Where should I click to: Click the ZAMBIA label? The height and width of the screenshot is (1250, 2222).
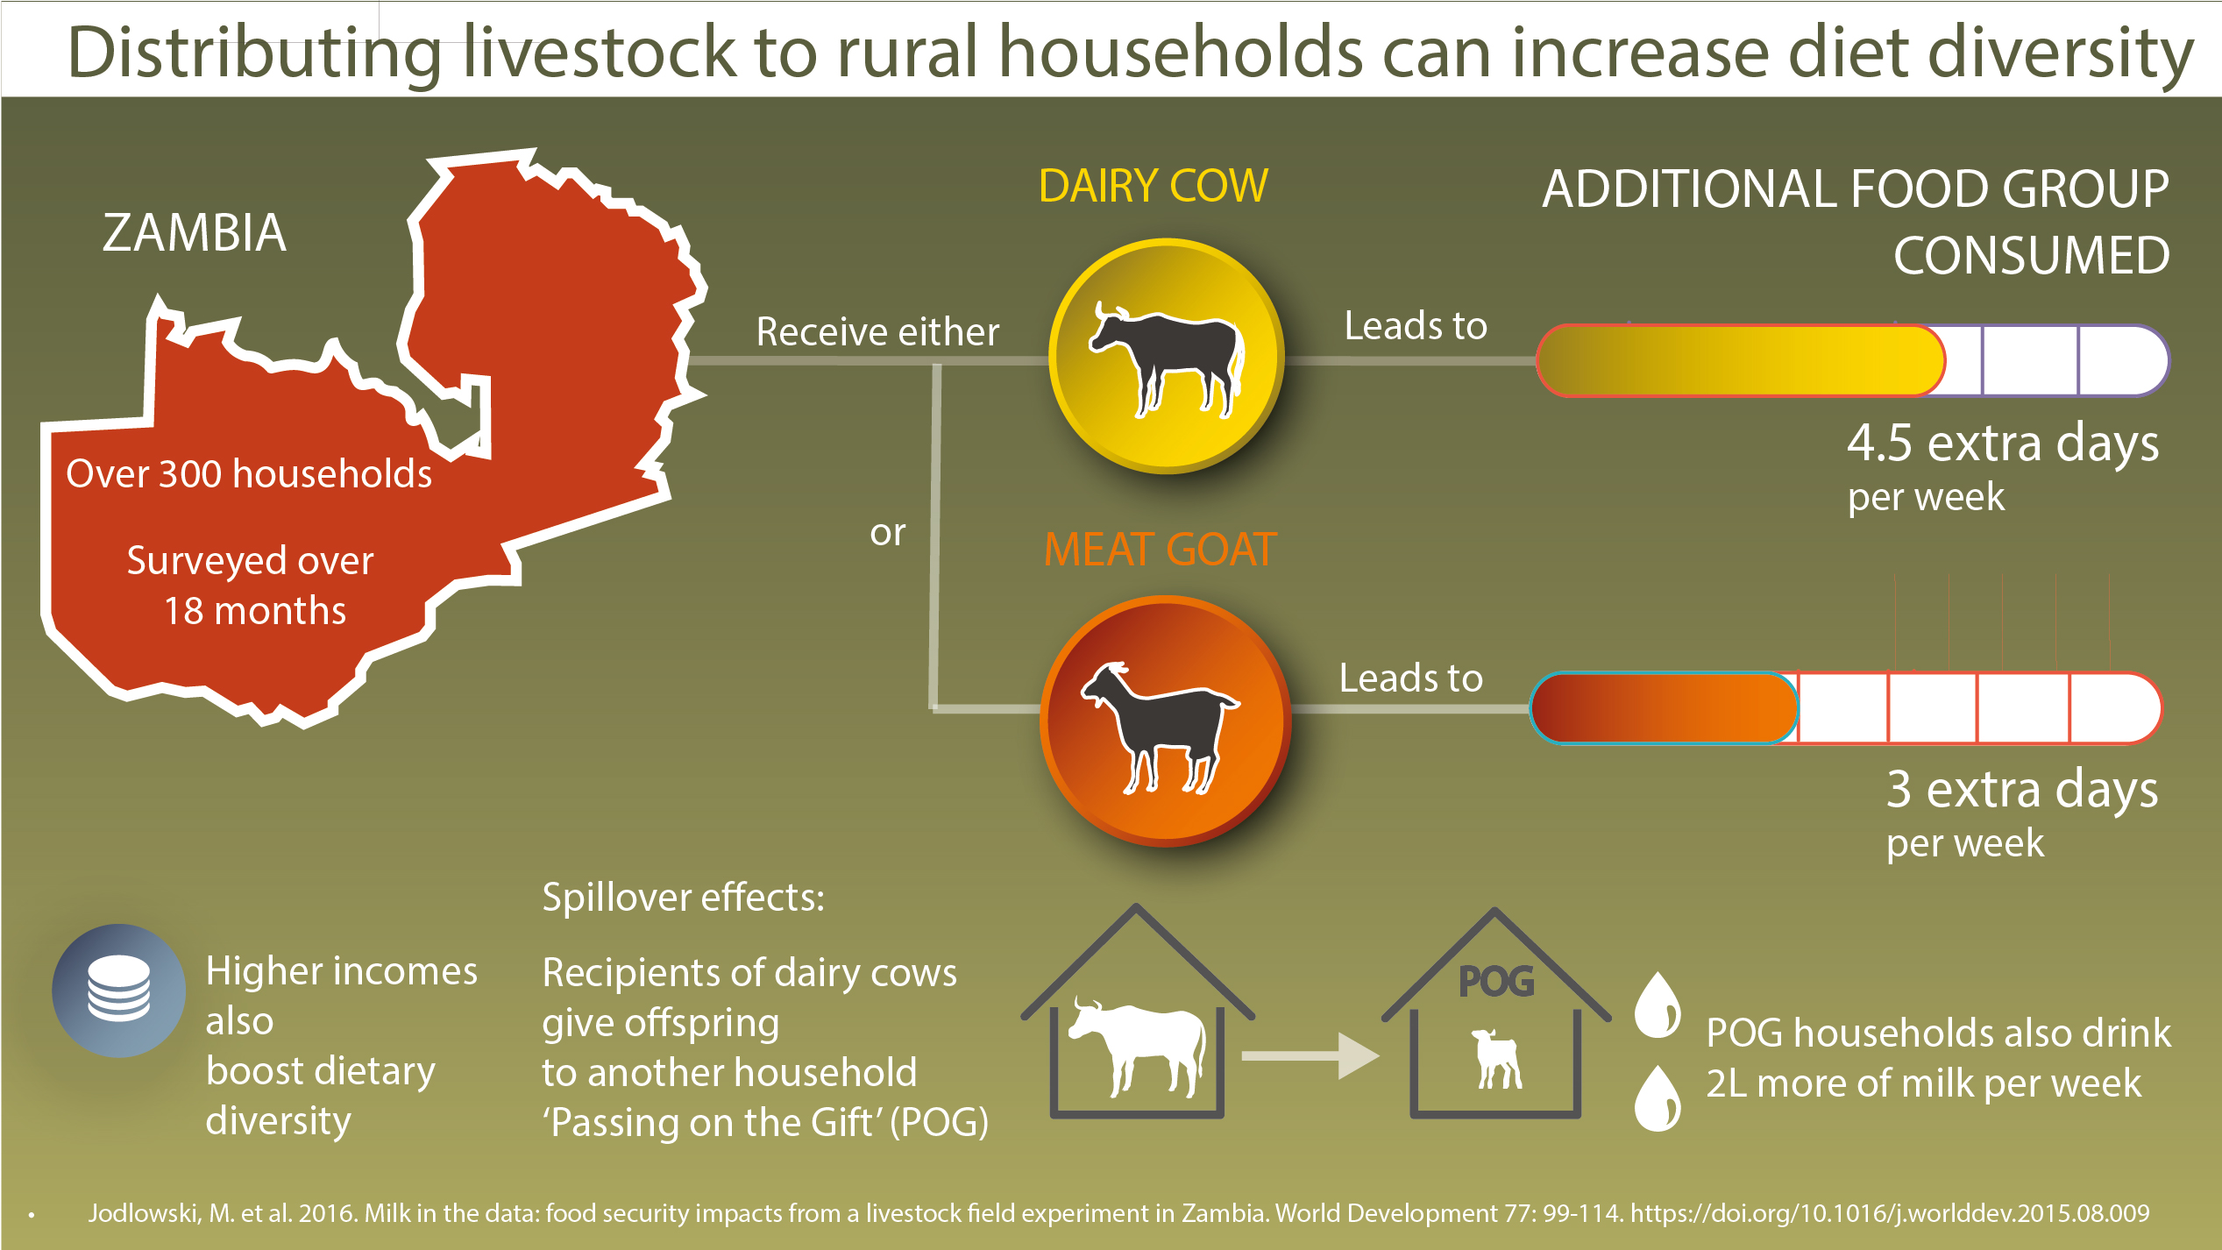click(194, 233)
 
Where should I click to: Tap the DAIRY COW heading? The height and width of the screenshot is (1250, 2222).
click(1153, 187)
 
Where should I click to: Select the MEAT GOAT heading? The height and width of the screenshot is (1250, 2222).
click(1160, 550)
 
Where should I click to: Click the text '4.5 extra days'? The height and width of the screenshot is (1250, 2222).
click(2002, 444)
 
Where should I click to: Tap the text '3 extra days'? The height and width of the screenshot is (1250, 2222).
click(2021, 790)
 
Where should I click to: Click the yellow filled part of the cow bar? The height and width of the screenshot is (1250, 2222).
click(1740, 361)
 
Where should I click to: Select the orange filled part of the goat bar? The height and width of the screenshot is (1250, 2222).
click(1664, 708)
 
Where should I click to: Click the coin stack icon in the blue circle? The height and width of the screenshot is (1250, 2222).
click(118, 989)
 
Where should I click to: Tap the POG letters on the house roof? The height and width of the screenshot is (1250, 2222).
click(1496, 982)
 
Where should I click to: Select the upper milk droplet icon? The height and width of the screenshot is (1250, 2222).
click(1658, 1005)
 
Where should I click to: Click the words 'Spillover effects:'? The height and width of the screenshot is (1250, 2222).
click(683, 898)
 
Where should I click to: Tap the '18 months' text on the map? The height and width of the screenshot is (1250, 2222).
click(255, 611)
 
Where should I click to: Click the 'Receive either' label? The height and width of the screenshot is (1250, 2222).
click(877, 332)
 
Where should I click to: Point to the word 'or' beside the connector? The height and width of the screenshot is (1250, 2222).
click(887, 533)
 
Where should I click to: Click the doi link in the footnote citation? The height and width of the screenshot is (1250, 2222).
click(1889, 1213)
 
